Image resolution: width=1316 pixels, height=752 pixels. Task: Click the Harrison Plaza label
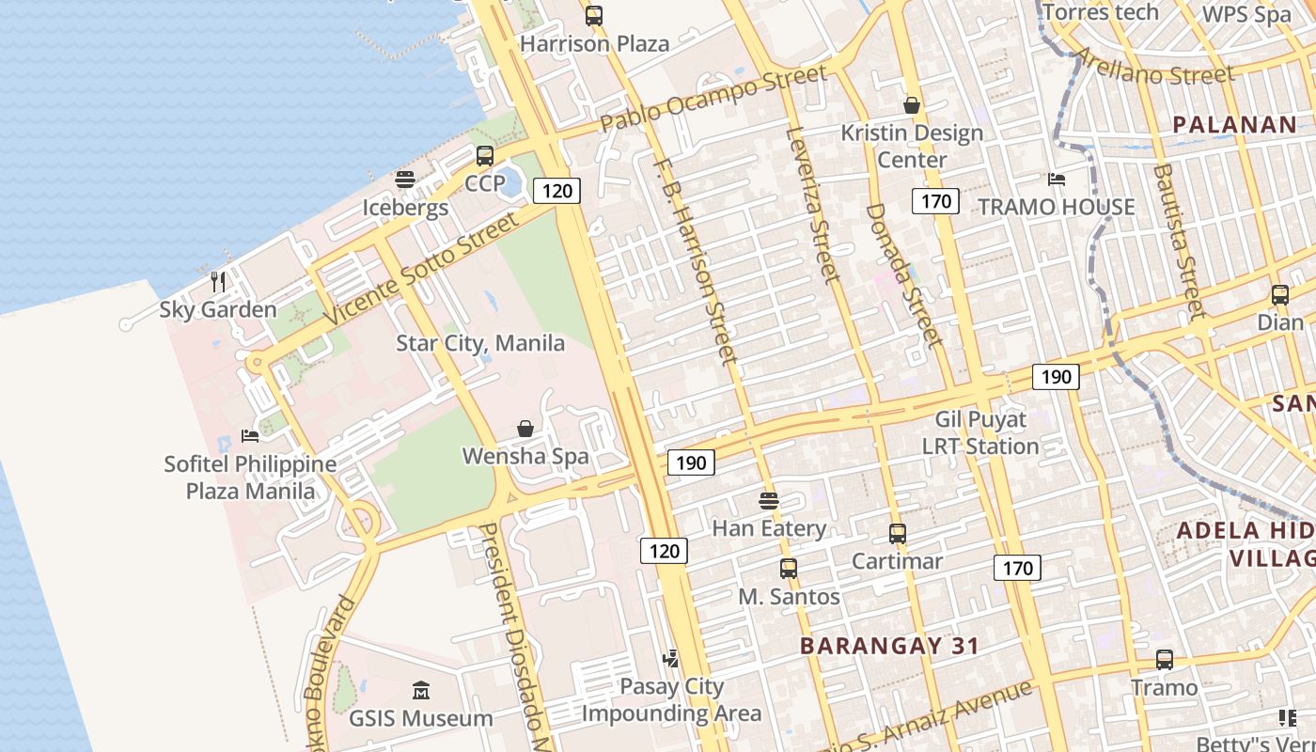coord(594,43)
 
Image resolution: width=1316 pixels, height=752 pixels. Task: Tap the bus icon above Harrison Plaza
coord(594,15)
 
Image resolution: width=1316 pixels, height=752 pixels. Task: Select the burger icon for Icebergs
coord(405,179)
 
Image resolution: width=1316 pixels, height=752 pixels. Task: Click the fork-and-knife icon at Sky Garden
coord(218,281)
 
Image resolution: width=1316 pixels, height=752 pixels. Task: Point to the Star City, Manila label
coord(480,343)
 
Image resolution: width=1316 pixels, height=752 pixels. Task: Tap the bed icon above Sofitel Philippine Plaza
coord(250,435)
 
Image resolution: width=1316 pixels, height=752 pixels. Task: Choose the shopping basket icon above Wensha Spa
coord(525,429)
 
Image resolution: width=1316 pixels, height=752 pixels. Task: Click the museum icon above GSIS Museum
coord(420,691)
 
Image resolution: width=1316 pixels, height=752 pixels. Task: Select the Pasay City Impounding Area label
coord(671,700)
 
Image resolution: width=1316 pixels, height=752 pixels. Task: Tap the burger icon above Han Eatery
coord(769,500)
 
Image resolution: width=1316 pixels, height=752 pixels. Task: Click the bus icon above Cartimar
coord(897,534)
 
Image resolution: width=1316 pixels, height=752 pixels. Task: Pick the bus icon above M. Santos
coord(789,568)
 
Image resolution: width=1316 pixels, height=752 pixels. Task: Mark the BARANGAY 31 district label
coord(889,646)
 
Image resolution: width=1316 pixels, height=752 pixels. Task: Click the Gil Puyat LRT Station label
coord(981,432)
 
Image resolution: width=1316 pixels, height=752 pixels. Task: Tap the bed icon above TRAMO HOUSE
coord(1057,179)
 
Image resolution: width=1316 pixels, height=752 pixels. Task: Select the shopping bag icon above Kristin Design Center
coord(911,104)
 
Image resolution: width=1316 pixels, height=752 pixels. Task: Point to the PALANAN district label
coord(1235,124)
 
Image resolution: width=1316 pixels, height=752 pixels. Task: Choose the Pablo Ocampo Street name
coord(713,98)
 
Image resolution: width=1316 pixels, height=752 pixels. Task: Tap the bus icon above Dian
coord(1280,294)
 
